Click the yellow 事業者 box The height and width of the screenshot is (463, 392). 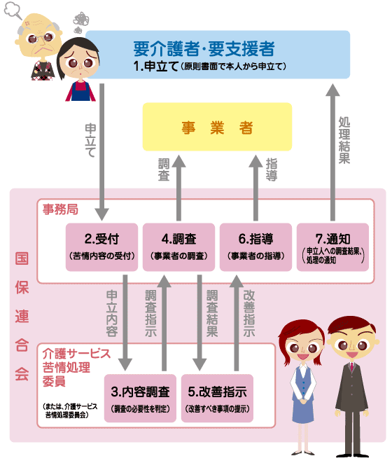[x=217, y=127]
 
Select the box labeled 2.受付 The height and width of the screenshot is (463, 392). [x=101, y=247]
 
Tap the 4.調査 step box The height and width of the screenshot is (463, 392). [x=179, y=247]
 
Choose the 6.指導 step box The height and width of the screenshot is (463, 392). [x=256, y=247]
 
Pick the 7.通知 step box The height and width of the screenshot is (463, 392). [x=333, y=247]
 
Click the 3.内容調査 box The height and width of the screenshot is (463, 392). [x=140, y=399]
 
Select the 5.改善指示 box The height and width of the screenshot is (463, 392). [x=217, y=399]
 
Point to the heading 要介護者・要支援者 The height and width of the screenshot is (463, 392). [x=204, y=49]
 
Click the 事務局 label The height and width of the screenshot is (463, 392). [x=60, y=209]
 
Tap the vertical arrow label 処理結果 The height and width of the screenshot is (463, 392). [x=344, y=140]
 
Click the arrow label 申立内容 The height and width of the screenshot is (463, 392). [x=112, y=313]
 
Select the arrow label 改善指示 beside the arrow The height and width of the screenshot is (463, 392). [x=249, y=313]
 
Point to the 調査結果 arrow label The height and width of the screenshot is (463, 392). [x=212, y=313]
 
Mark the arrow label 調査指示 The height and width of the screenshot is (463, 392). [x=150, y=313]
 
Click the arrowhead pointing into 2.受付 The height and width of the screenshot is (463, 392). [x=101, y=214]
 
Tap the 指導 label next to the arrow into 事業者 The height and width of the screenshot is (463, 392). [x=272, y=170]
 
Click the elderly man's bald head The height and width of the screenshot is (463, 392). [x=39, y=22]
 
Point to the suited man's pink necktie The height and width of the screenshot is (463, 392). [x=351, y=367]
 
